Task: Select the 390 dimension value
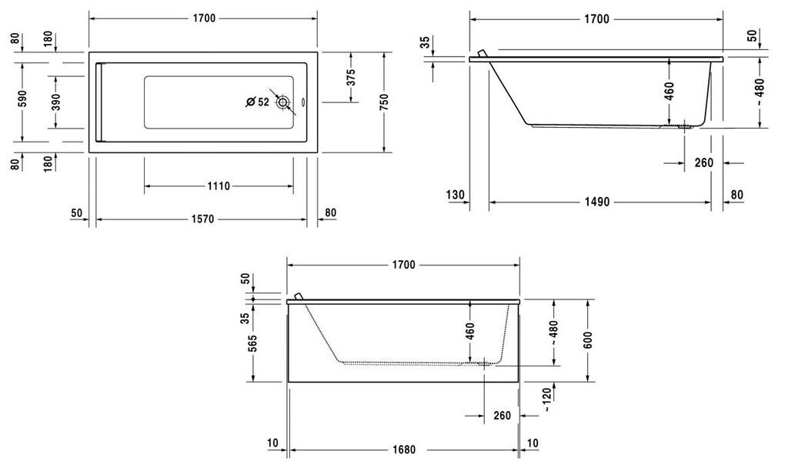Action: click(56, 102)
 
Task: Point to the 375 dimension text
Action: click(351, 77)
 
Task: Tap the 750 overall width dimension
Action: click(385, 102)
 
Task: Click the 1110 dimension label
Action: click(219, 186)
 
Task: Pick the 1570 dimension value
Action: click(202, 219)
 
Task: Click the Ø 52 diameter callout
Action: click(258, 102)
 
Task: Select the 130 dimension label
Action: click(456, 195)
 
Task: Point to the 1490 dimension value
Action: click(597, 202)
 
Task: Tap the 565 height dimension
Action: click(252, 344)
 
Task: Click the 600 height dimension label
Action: click(589, 339)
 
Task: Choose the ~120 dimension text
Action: click(547, 399)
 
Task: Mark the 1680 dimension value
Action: click(403, 450)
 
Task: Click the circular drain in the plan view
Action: click(283, 102)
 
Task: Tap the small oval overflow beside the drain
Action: click(303, 102)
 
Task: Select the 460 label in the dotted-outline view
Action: click(470, 332)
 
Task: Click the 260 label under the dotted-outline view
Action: click(502, 416)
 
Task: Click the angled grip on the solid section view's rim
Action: click(482, 53)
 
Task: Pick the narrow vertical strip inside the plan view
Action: click(99, 102)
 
